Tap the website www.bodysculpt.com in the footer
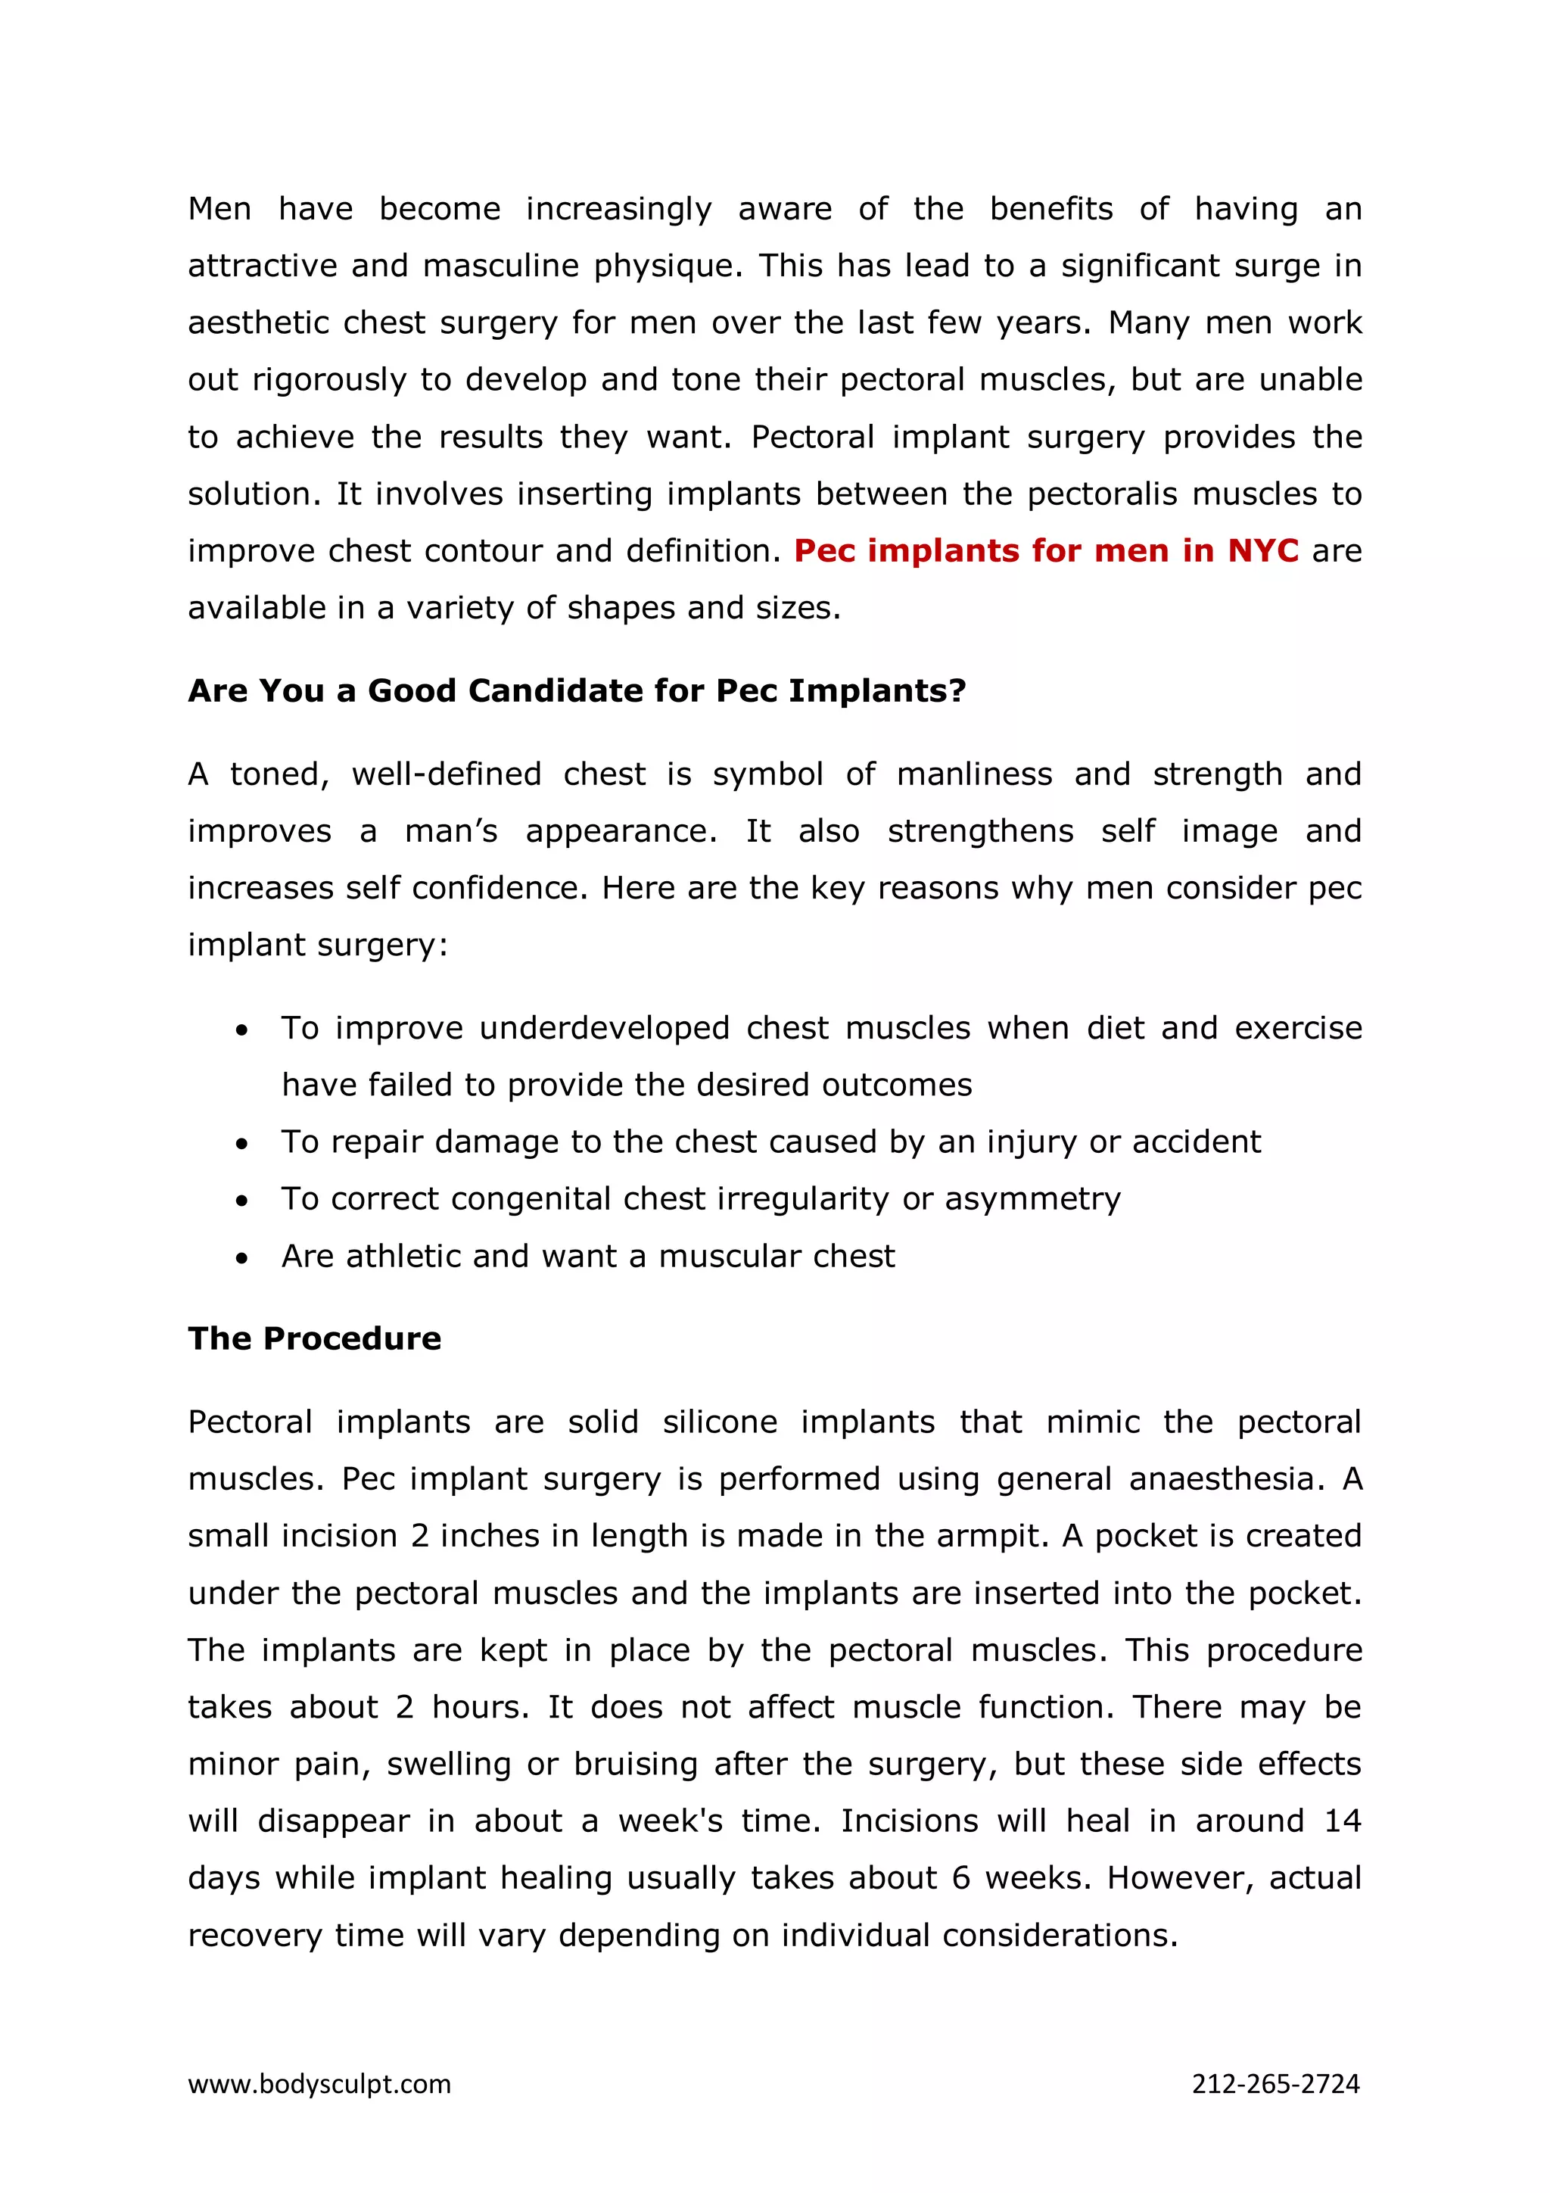coord(319,2084)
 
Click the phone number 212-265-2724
coord(1275,2084)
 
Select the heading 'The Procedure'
coord(314,1338)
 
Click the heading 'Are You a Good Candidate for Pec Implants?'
coord(577,690)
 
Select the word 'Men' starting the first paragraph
coord(219,209)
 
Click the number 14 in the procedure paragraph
coord(1341,1821)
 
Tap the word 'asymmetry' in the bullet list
coord(1032,1199)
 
